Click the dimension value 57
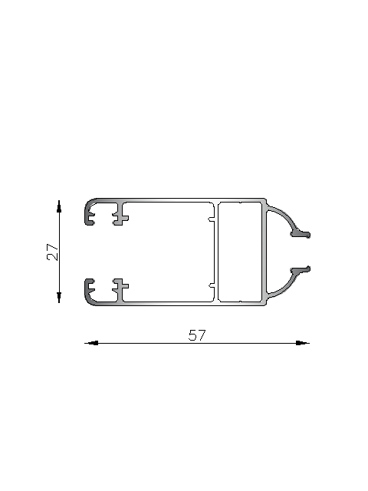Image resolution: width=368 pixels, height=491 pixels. point(197,335)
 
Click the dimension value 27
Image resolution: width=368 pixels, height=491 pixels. point(52,252)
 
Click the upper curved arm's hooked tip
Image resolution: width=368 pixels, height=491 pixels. point(304,233)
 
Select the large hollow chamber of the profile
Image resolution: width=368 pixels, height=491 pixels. point(169,251)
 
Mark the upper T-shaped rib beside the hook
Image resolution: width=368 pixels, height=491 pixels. point(119,214)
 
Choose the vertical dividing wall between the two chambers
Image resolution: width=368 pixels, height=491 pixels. point(216,251)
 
